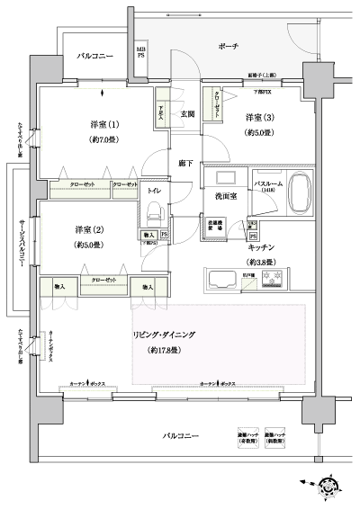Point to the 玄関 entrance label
coord(187,114)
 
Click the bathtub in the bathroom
coord(301,192)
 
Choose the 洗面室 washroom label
coord(225,195)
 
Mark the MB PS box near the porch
coord(141,51)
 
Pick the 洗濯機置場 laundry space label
coord(218,227)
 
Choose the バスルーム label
coord(268,183)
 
